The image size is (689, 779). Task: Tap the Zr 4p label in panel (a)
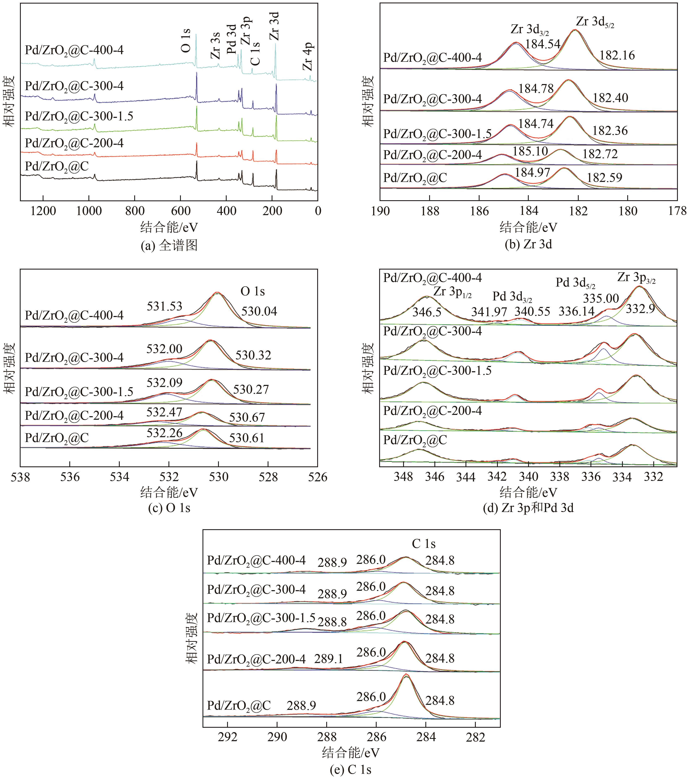(308, 56)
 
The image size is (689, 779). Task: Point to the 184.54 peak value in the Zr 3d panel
(543, 44)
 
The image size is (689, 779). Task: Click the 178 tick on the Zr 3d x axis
(677, 211)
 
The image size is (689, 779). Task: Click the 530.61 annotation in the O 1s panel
(247, 438)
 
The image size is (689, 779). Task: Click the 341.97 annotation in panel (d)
(489, 312)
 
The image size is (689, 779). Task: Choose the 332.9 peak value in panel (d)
(640, 309)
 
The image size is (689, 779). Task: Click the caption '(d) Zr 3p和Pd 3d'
(528, 508)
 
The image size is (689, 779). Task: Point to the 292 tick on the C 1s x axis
(227, 737)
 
